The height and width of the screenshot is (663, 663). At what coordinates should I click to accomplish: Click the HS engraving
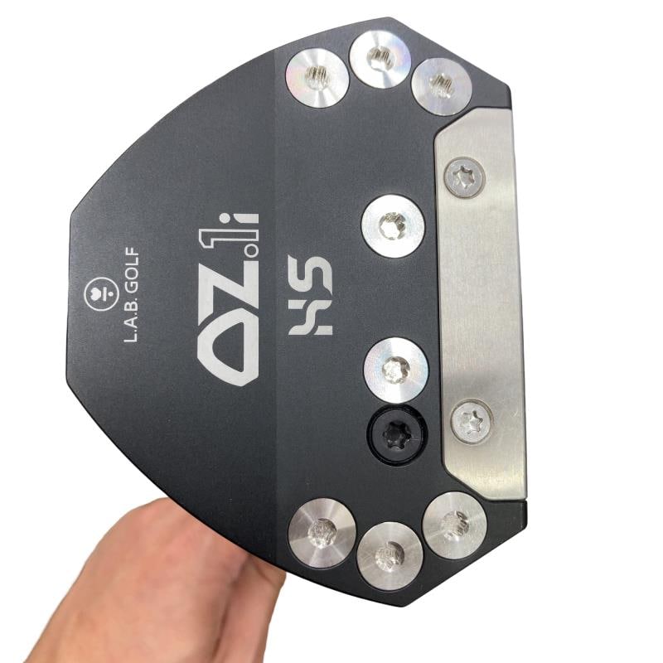(310, 295)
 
